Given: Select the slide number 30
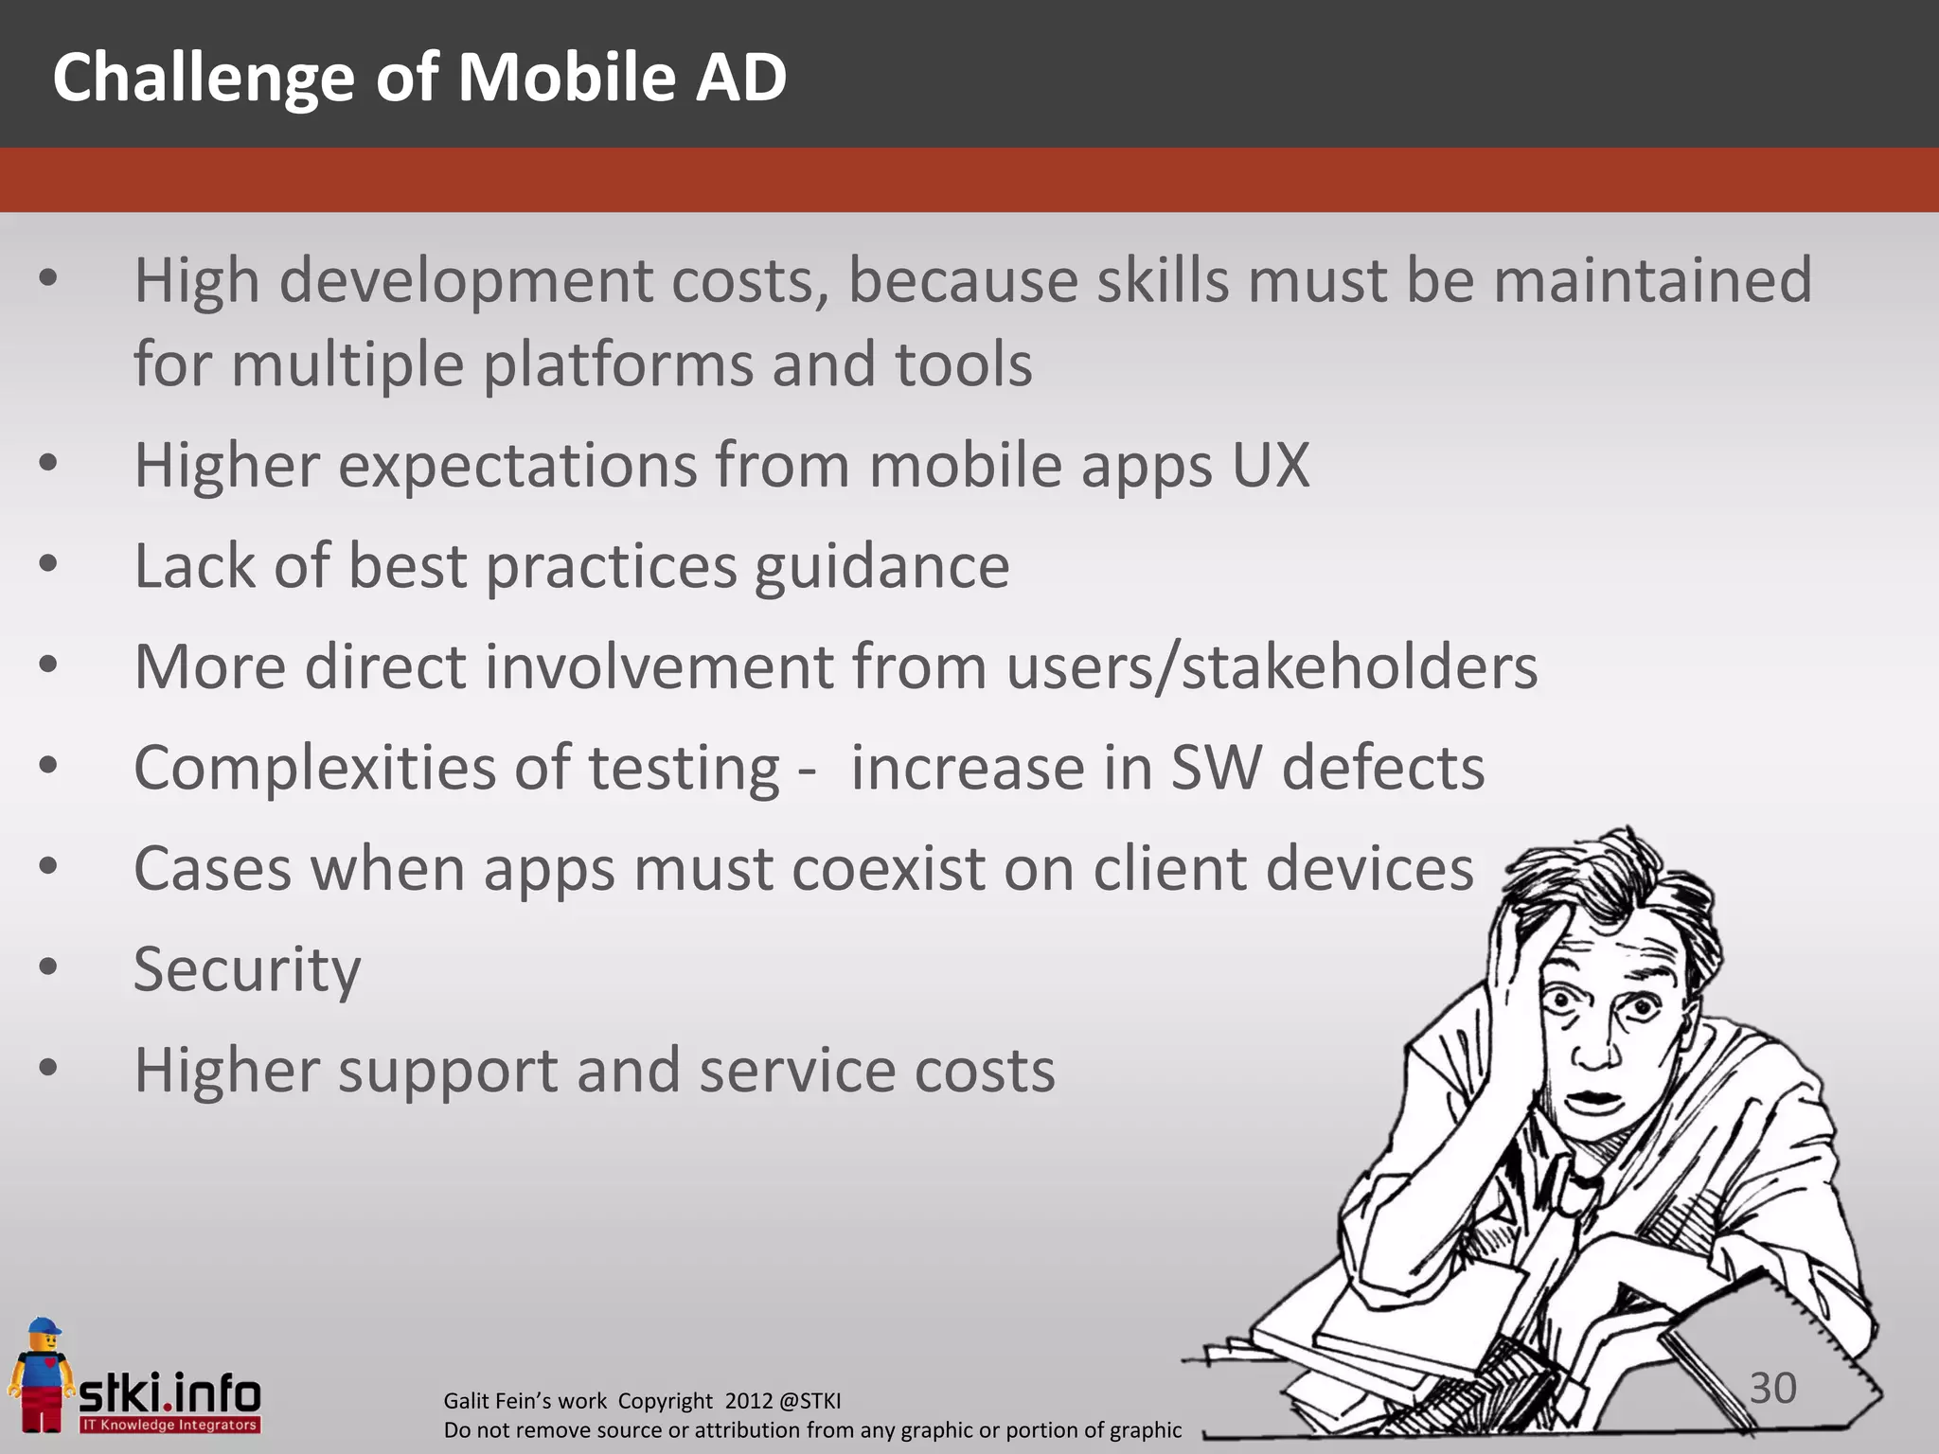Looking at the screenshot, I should pos(1772,1388).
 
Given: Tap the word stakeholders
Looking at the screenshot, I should pos(1360,667).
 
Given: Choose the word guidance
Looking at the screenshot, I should pos(881,568).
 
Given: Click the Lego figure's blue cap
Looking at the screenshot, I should pos(43,1326).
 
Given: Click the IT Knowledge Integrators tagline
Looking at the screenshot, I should pos(169,1425).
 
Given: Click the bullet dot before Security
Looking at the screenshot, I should pos(48,967).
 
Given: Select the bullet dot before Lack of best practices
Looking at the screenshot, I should pos(48,564).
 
